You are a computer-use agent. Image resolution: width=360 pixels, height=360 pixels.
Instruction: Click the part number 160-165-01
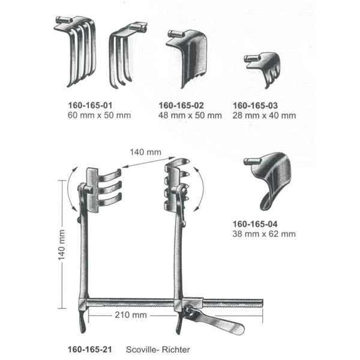coord(90,106)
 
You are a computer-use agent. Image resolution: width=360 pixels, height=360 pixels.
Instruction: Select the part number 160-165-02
coord(181,106)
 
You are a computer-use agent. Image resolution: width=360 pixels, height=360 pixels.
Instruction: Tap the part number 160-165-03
coord(256,106)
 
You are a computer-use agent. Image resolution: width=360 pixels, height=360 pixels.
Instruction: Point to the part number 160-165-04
coord(255,224)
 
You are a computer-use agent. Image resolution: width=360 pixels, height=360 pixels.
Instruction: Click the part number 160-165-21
coord(90,349)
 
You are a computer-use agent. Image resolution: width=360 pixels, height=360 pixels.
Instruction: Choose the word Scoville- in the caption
coord(143,350)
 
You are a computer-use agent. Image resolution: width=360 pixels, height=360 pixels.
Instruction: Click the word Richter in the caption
coord(176,350)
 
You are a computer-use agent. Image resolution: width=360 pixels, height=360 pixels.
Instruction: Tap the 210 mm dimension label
coord(131,315)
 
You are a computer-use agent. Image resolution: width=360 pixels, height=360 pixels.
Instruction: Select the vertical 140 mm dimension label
coord(62,245)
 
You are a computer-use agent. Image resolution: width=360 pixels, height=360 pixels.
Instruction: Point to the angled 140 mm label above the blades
coord(146,152)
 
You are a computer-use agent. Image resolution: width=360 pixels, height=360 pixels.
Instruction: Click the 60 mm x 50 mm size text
coord(99,115)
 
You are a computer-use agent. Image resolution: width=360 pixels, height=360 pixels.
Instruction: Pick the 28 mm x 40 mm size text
coord(264,115)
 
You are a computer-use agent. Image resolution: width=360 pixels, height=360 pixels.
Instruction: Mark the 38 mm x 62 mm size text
coord(264,234)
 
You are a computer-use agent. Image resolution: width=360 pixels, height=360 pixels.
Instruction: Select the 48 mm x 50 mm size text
coord(190,115)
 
